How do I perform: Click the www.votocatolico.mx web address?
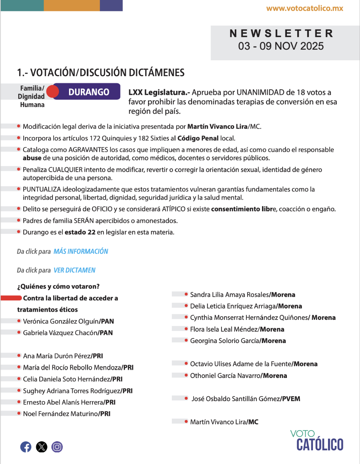305,8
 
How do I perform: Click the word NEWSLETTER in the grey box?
281,33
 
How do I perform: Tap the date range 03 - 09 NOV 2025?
281,46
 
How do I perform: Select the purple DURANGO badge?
89,92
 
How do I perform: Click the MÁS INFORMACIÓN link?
81,251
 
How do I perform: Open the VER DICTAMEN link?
75,270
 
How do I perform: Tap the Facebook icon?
26,447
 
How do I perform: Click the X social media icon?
42,447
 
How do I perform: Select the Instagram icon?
57,447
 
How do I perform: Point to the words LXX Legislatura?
159,92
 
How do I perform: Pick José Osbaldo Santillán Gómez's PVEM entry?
246,399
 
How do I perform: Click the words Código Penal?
198,138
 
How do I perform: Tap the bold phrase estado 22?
80,232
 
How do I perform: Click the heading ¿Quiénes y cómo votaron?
58,286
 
